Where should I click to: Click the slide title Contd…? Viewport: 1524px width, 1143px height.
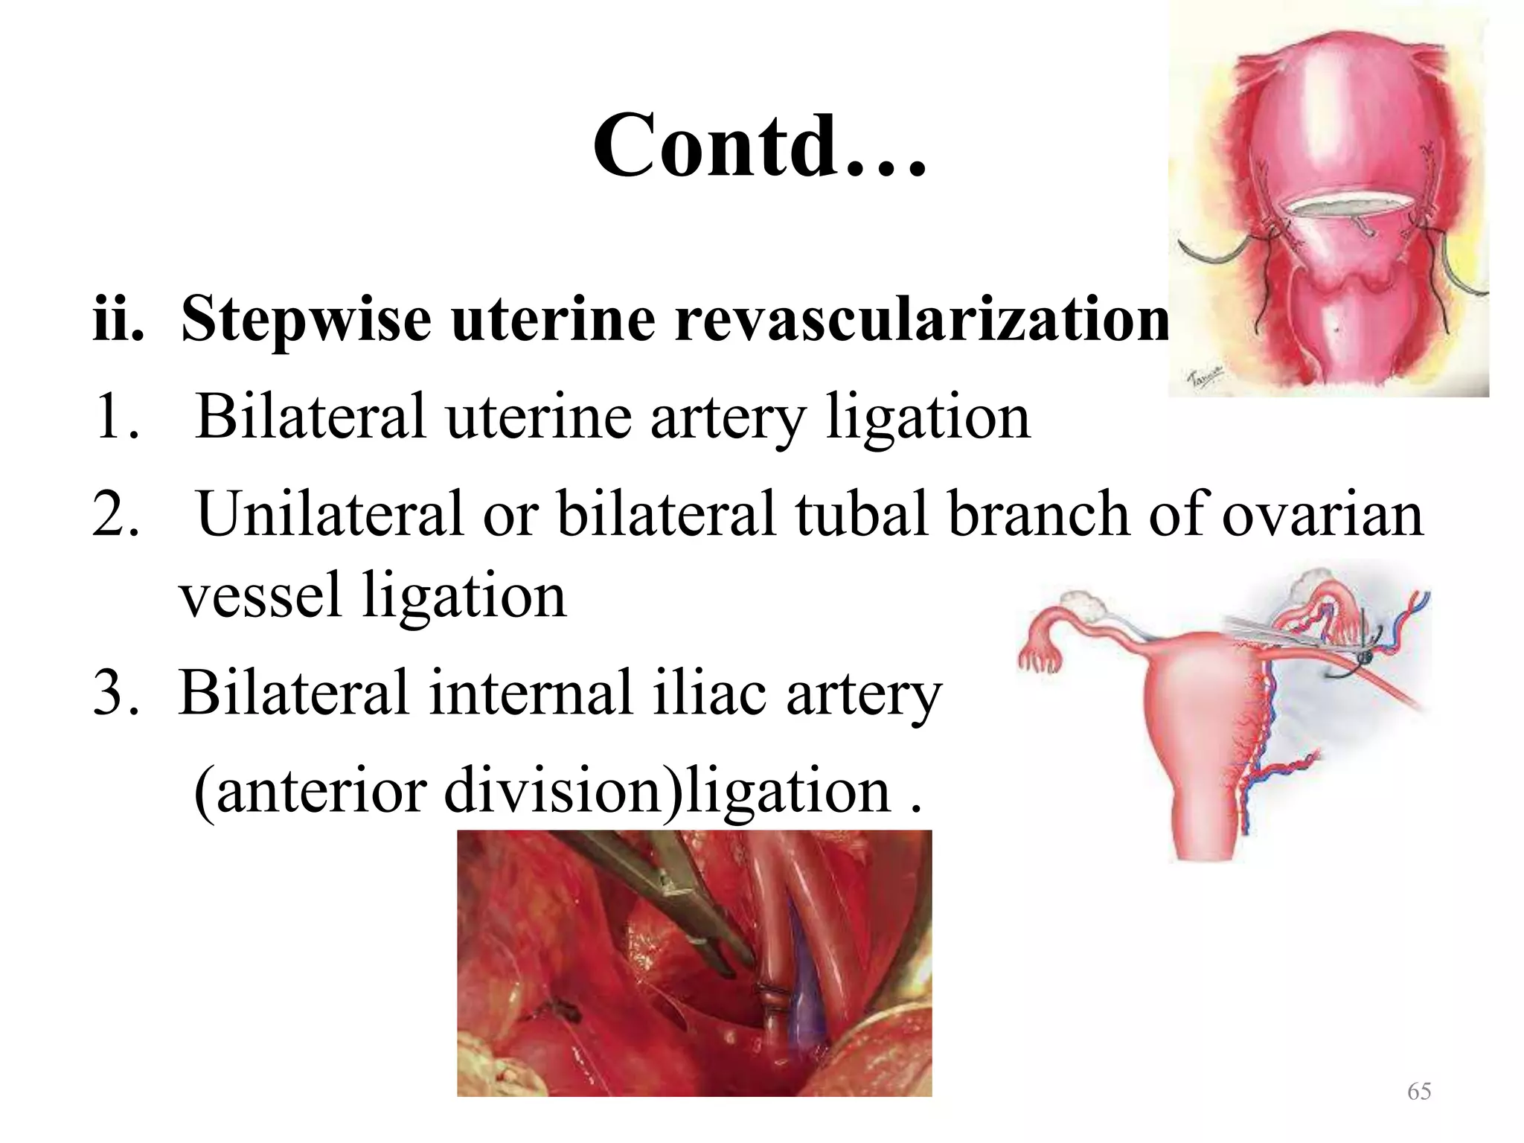[760, 146]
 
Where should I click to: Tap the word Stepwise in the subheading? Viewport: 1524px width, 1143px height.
[306, 318]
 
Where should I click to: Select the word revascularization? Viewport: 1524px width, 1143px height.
[921, 318]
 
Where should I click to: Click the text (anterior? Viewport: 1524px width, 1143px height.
[310, 790]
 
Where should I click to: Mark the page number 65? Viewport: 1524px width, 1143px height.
[1418, 1092]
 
